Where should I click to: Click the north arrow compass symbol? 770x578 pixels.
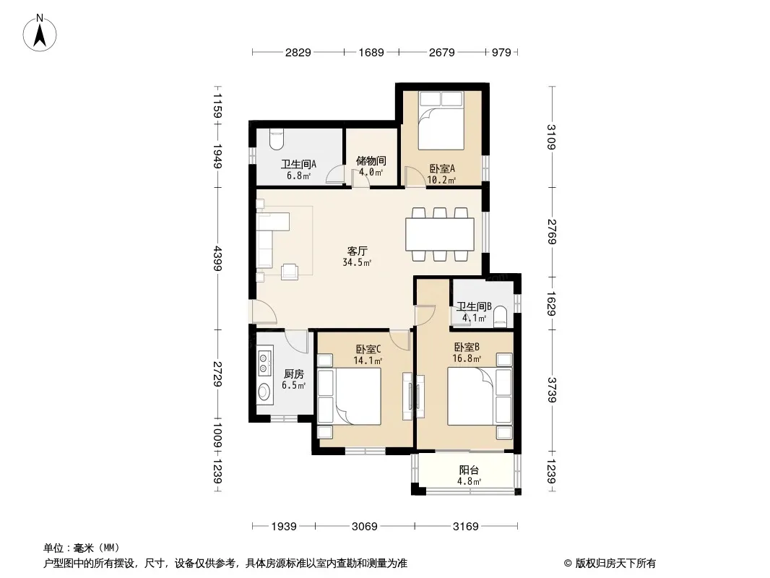(x=40, y=33)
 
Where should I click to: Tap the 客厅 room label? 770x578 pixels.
(x=357, y=251)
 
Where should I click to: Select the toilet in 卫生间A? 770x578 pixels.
(x=277, y=140)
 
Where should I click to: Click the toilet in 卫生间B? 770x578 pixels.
(x=499, y=316)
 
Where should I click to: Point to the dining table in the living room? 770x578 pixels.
(x=439, y=234)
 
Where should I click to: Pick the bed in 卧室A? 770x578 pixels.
(x=441, y=121)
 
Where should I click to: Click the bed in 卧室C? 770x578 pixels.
(x=349, y=396)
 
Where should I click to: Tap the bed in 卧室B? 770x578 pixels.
(x=480, y=396)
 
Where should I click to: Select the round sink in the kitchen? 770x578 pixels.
(x=264, y=392)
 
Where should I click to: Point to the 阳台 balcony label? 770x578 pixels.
(x=469, y=470)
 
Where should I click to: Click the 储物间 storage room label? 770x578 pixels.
(x=371, y=160)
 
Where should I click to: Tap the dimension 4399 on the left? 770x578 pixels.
(x=217, y=259)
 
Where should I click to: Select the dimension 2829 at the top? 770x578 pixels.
(x=298, y=52)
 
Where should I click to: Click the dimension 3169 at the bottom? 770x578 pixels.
(x=465, y=527)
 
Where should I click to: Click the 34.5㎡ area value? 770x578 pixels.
(x=357, y=262)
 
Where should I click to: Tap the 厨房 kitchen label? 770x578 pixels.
(x=294, y=374)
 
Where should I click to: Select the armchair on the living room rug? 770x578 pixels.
(x=290, y=272)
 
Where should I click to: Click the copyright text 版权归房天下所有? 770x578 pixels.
(x=615, y=564)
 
